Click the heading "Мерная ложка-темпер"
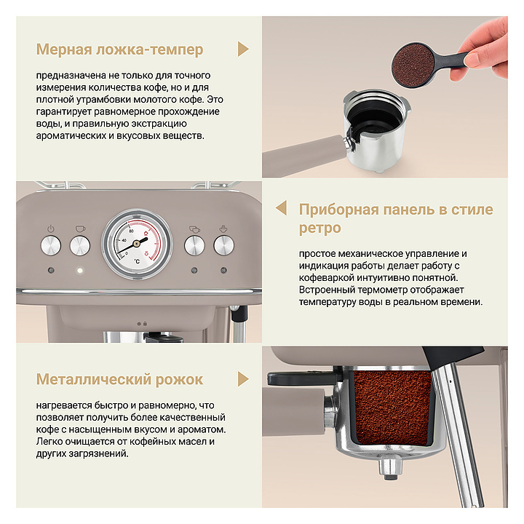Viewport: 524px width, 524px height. click(x=119, y=49)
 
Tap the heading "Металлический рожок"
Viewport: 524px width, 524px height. click(x=119, y=379)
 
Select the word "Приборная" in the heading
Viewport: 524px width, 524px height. click(x=339, y=210)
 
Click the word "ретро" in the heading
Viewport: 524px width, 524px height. click(x=319, y=229)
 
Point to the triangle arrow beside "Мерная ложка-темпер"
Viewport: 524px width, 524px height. click(x=243, y=49)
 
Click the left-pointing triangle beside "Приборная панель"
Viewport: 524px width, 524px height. click(x=282, y=208)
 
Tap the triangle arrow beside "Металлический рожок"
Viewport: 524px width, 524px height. click(x=243, y=379)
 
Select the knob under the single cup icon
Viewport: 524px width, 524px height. click(x=80, y=246)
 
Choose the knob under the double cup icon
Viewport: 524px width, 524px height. click(x=194, y=246)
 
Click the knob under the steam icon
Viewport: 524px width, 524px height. click(x=223, y=246)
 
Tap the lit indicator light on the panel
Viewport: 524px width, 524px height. click(x=79, y=270)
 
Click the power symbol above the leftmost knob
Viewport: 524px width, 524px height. click(x=51, y=229)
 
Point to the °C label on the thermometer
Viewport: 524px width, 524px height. click(x=137, y=261)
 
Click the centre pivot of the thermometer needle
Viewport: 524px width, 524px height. click(x=136, y=244)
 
